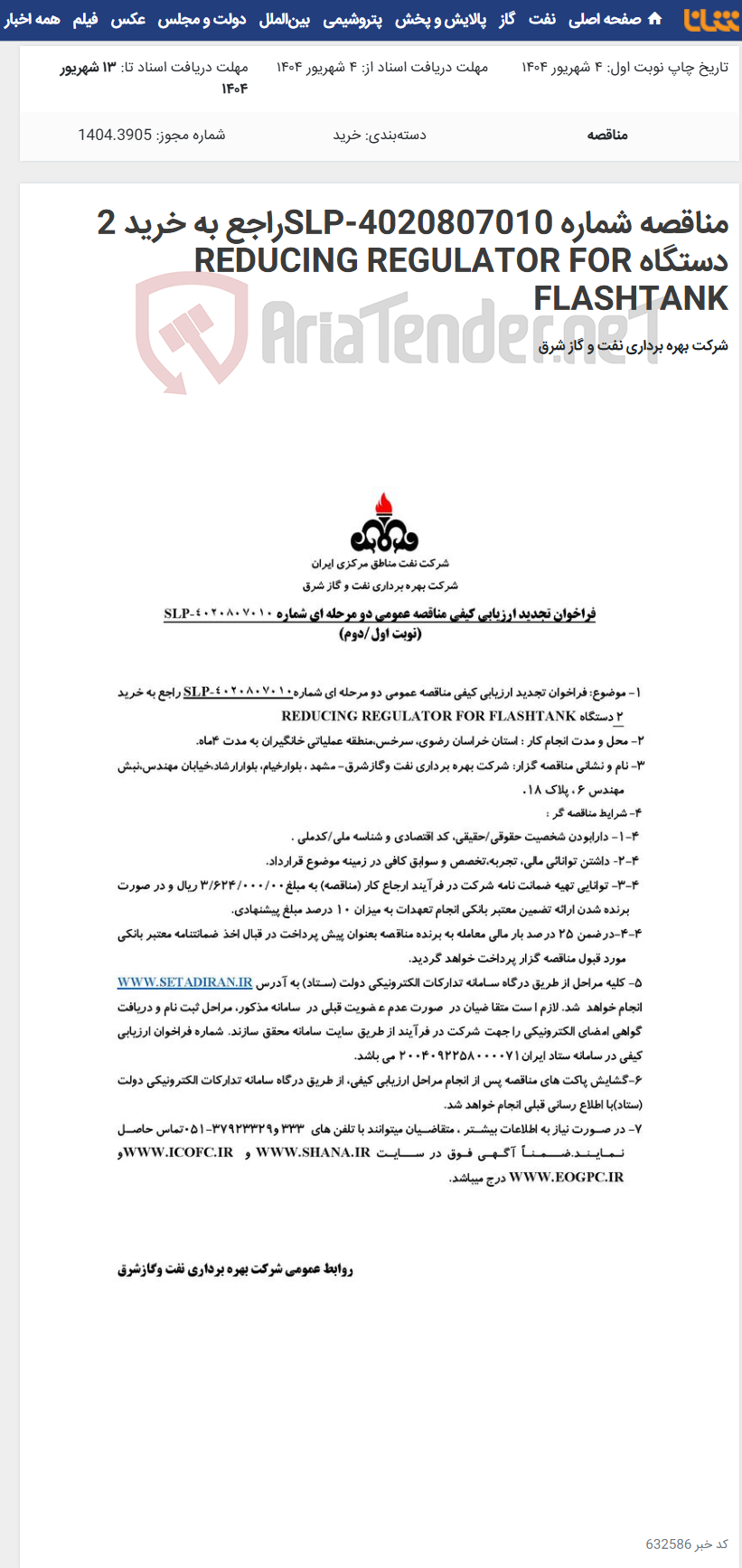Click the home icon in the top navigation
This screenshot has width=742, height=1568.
[x=655, y=19]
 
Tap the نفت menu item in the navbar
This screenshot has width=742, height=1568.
[x=542, y=19]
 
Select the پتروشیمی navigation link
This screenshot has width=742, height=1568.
[x=352, y=19]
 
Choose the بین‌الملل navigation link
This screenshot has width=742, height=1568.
[x=284, y=19]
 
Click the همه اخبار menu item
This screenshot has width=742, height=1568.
[x=33, y=19]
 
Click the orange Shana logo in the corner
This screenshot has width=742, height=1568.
[x=710, y=20]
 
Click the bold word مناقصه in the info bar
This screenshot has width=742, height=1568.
[x=607, y=135]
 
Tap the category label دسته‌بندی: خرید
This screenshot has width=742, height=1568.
[x=380, y=135]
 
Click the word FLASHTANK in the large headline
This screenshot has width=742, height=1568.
[x=631, y=298]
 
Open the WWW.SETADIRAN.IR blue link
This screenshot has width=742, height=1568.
[x=184, y=982]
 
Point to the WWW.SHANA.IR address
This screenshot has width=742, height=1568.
[x=313, y=1152]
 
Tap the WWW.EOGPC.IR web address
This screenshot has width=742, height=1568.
[x=567, y=1177]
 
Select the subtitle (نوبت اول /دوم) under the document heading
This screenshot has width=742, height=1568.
[x=380, y=634]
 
